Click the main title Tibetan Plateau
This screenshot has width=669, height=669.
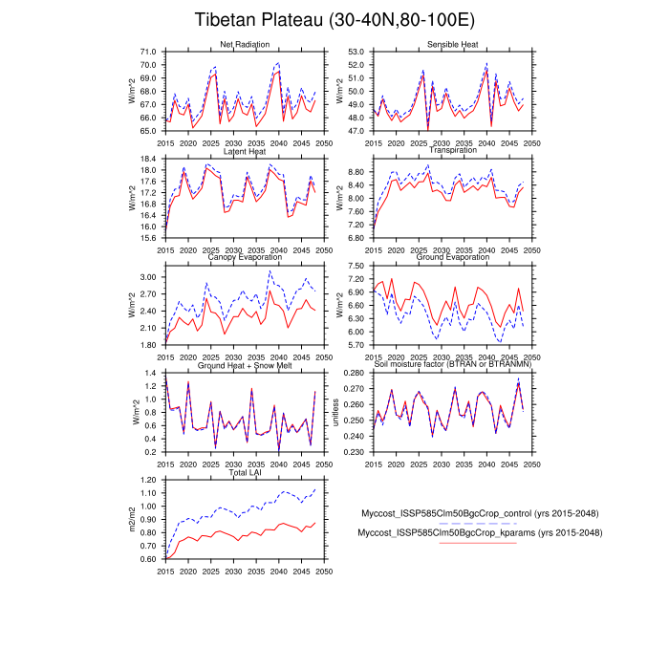pyautogui.click(x=334, y=20)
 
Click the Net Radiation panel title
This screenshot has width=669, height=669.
pyautogui.click(x=244, y=45)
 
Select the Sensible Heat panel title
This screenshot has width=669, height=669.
pyautogui.click(x=453, y=45)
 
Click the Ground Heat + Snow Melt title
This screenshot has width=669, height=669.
pyautogui.click(x=245, y=365)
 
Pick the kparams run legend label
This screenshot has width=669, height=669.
pyautogui.click(x=480, y=532)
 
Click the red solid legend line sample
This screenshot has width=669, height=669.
pyautogui.click(x=477, y=543)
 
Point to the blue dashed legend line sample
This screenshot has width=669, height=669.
pyautogui.click(x=477, y=524)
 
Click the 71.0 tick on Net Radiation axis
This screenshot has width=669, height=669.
pyautogui.click(x=148, y=52)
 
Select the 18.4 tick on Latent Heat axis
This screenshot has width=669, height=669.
pyautogui.click(x=148, y=159)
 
